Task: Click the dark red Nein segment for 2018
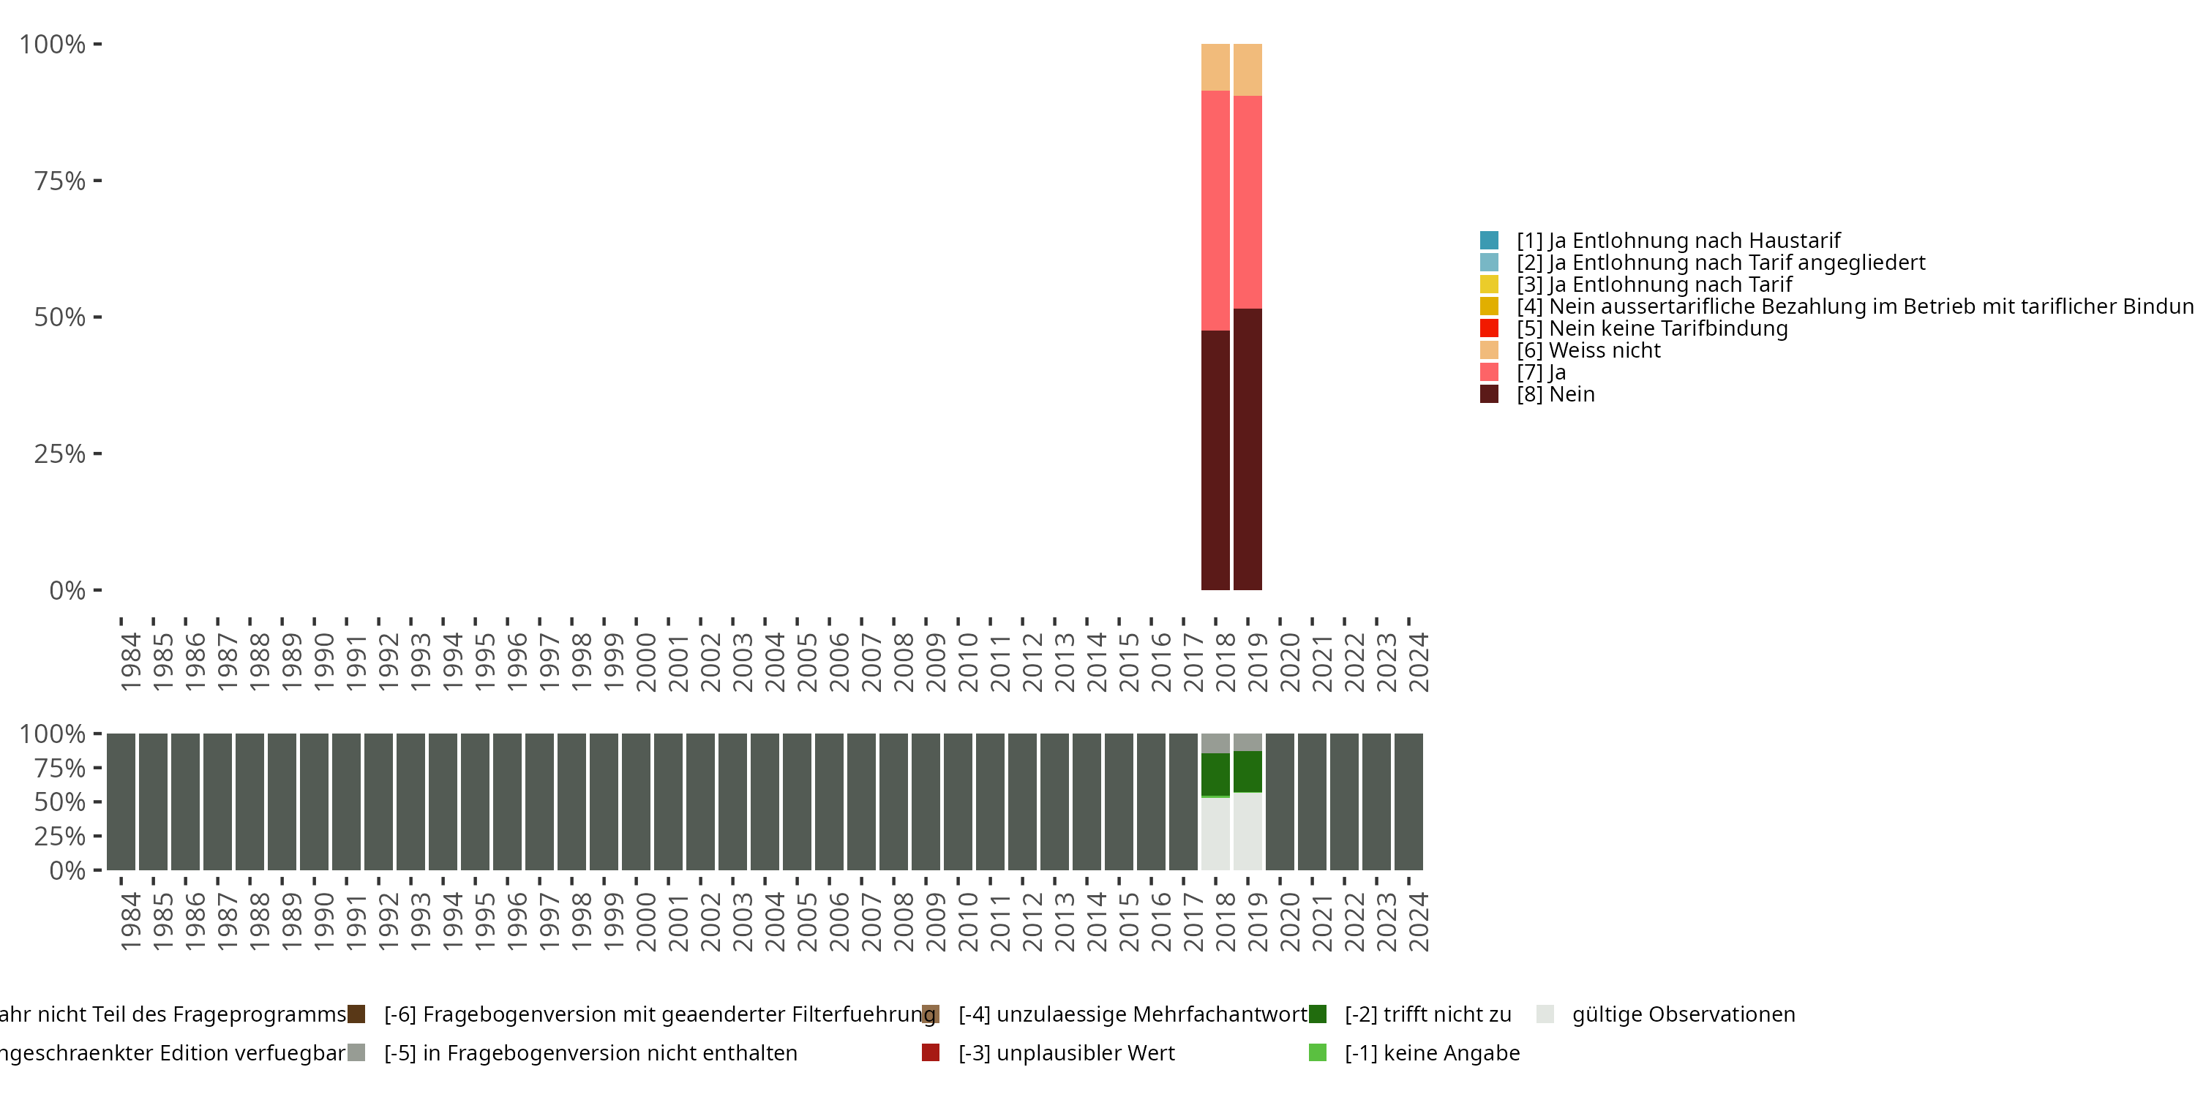(x=1215, y=460)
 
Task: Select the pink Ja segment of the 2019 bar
(x=1247, y=202)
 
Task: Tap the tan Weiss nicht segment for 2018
(x=1215, y=67)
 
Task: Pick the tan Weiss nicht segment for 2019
(x=1247, y=69)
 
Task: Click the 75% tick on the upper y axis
(x=60, y=181)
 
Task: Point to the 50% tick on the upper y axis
(x=60, y=317)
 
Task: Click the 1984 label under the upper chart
(x=130, y=662)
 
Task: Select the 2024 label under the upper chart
(x=1418, y=662)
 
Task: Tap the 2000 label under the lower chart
(x=646, y=922)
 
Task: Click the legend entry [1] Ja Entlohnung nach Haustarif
(x=1678, y=241)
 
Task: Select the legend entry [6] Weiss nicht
(x=1588, y=350)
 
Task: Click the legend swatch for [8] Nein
(x=1490, y=393)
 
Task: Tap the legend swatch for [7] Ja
(x=1490, y=372)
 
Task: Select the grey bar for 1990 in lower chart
(x=314, y=802)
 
